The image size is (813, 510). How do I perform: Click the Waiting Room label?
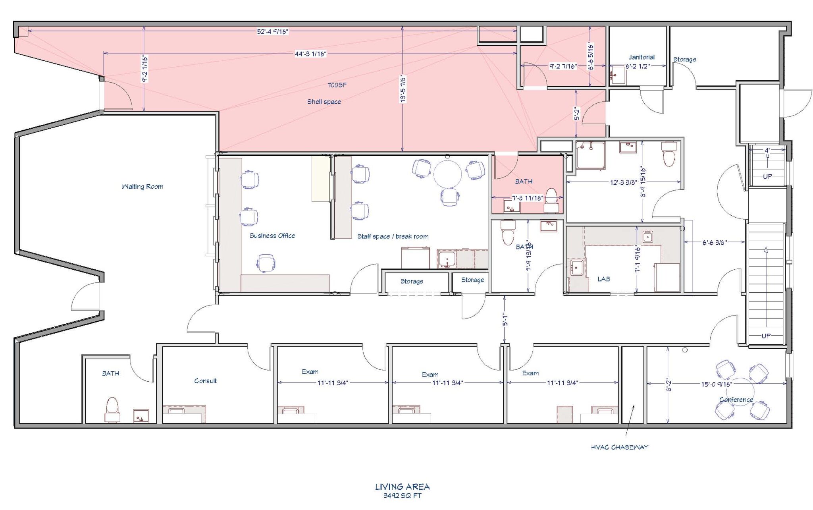pyautogui.click(x=142, y=186)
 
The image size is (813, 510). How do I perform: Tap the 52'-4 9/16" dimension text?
pyautogui.click(x=272, y=31)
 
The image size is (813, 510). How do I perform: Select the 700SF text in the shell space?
pyautogui.click(x=337, y=85)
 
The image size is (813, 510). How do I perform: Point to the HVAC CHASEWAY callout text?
pyautogui.click(x=619, y=447)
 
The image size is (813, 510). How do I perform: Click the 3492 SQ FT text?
pyautogui.click(x=402, y=496)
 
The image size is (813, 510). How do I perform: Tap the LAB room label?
pyautogui.click(x=603, y=279)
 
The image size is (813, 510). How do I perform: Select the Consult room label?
pyautogui.click(x=205, y=381)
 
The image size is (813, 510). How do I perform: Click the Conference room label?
pyautogui.click(x=736, y=400)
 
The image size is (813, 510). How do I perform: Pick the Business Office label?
pyautogui.click(x=272, y=236)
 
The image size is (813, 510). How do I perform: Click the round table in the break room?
pyautogui.click(x=447, y=174)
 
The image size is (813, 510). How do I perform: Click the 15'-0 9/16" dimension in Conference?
pyautogui.click(x=716, y=384)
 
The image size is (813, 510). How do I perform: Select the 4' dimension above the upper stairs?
pyautogui.click(x=767, y=151)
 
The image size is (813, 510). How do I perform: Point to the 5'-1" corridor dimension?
pyautogui.click(x=505, y=319)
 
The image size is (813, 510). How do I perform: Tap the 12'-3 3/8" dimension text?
pyautogui.click(x=623, y=182)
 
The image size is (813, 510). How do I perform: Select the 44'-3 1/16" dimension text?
pyautogui.click(x=310, y=54)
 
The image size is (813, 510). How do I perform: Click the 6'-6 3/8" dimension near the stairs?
pyautogui.click(x=714, y=242)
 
